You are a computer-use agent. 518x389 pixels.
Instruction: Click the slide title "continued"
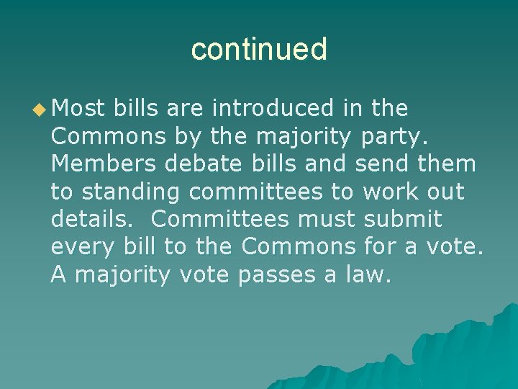click(x=259, y=49)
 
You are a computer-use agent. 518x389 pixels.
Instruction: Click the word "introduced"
click(x=275, y=109)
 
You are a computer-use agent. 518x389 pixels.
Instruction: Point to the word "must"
click(x=330, y=218)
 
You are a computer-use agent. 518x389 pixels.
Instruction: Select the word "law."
click(x=366, y=274)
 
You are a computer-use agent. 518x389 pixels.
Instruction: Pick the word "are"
click(x=185, y=109)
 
